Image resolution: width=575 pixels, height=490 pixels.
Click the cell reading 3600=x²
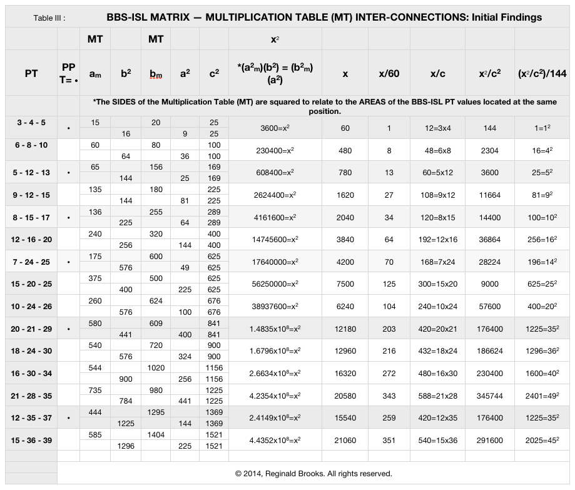click(x=275, y=128)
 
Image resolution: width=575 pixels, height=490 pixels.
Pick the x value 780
click(x=345, y=173)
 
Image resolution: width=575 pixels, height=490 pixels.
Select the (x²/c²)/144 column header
click(x=542, y=73)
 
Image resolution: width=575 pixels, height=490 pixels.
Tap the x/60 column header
click(x=389, y=73)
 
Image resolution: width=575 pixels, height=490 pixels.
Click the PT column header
click(x=31, y=73)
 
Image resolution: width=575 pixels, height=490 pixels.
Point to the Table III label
click(x=49, y=18)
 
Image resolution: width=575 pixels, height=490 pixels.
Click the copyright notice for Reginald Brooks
click(x=313, y=474)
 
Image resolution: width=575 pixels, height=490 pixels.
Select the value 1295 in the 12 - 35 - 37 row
click(x=156, y=412)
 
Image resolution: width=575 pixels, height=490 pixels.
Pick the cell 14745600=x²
click(x=275, y=240)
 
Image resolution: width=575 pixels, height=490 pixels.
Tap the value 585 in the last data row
click(x=95, y=434)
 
